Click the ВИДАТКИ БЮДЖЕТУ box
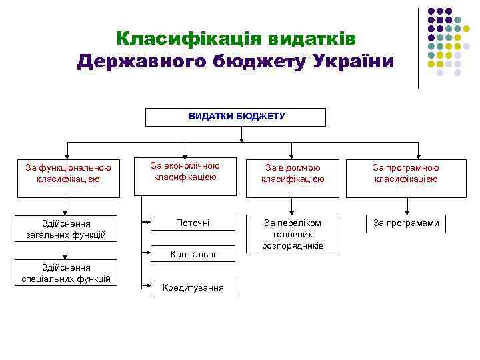[236, 117]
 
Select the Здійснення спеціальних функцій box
[64, 273]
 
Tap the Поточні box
[192, 223]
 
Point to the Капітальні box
[192, 254]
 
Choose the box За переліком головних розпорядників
[293, 234]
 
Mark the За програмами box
[405, 223]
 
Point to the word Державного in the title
[138, 61]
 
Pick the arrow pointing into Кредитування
[145, 285]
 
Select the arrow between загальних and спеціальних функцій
[65, 251]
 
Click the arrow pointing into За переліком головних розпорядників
[292, 206]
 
